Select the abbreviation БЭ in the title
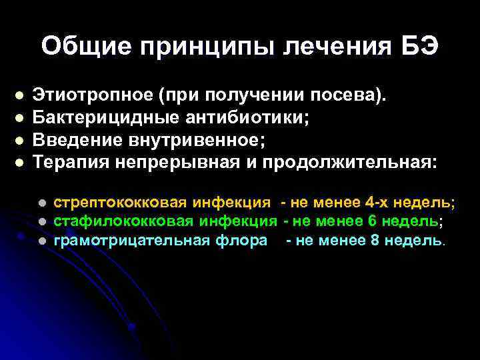(419, 46)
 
